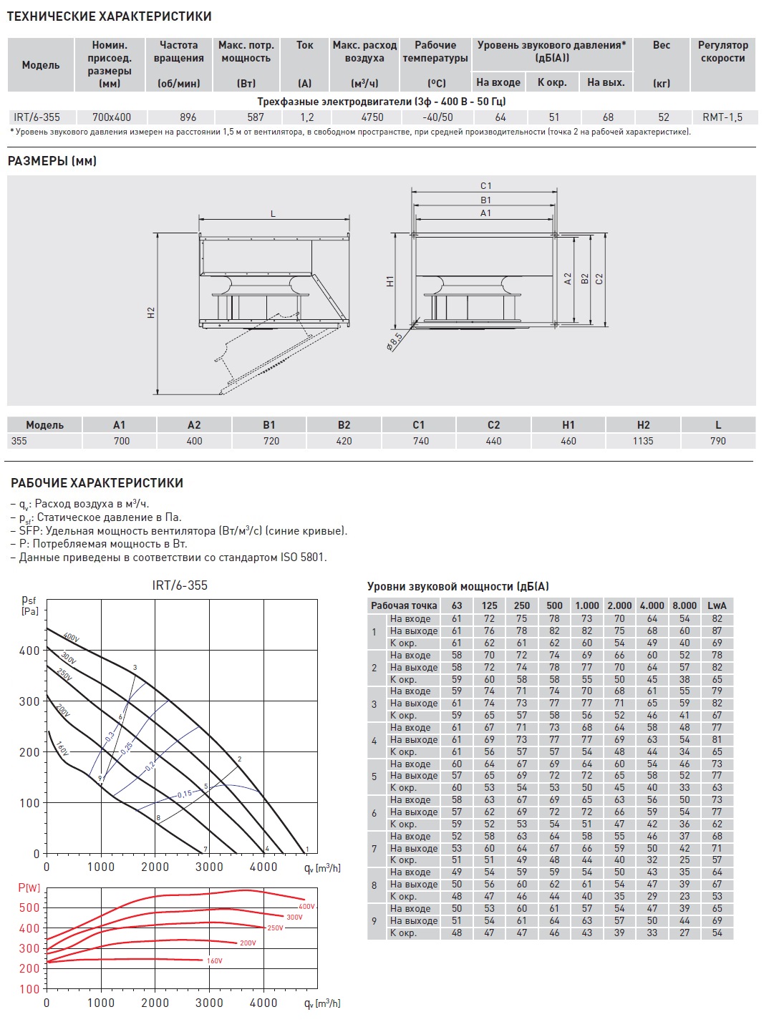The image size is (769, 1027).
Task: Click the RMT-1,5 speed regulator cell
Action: pyautogui.click(x=722, y=117)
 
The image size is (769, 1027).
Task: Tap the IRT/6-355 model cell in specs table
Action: pyautogui.click(x=37, y=117)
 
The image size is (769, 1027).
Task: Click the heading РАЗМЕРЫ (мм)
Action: pyautogui.click(x=52, y=161)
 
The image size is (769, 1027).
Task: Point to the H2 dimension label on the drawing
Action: pyautogui.click(x=151, y=313)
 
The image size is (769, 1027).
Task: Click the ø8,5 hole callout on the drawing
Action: pyautogui.click(x=395, y=341)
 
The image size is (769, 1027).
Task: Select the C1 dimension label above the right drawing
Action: pyautogui.click(x=486, y=186)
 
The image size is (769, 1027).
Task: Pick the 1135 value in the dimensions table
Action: pyautogui.click(x=643, y=441)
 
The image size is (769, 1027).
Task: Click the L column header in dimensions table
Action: pyautogui.click(x=718, y=425)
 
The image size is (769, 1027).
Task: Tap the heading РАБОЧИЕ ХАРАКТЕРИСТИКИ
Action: pyautogui.click(x=97, y=483)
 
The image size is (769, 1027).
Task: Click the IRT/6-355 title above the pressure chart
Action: pyautogui.click(x=180, y=585)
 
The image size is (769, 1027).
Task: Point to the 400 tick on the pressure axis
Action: pyautogui.click(x=29, y=651)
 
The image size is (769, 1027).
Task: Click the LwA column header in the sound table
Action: pyautogui.click(x=717, y=605)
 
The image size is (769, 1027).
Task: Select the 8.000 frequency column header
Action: pyautogui.click(x=685, y=605)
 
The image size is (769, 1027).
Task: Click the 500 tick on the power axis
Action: pyautogui.click(x=29, y=907)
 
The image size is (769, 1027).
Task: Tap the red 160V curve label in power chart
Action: pyautogui.click(x=214, y=960)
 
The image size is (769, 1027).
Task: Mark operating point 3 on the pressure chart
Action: pyautogui.click(x=135, y=668)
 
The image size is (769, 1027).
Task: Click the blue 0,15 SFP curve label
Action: pyautogui.click(x=184, y=794)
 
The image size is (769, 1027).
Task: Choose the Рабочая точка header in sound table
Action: pyautogui.click(x=404, y=605)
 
